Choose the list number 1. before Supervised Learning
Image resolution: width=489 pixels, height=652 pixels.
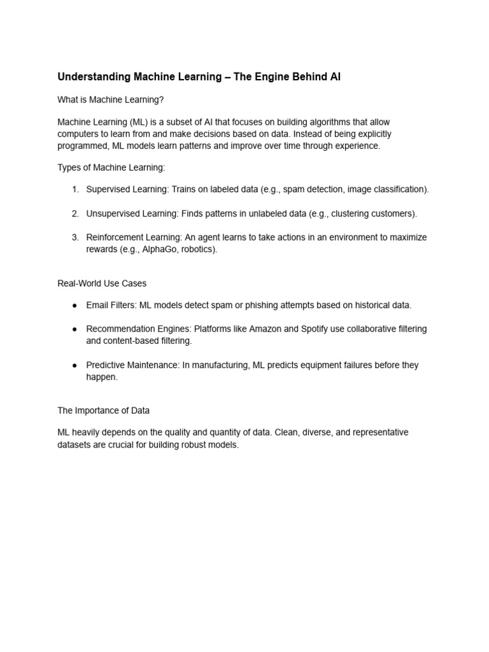point(75,189)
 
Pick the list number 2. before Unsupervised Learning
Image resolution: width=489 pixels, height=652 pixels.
point(75,213)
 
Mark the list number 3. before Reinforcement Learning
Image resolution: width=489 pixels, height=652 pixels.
point(75,237)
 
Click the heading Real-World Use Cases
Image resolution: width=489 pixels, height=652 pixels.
point(102,283)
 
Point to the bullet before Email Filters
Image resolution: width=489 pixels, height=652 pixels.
point(74,306)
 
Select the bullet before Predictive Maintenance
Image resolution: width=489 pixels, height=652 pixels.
point(74,365)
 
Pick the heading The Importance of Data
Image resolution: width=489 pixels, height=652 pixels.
point(103,410)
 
